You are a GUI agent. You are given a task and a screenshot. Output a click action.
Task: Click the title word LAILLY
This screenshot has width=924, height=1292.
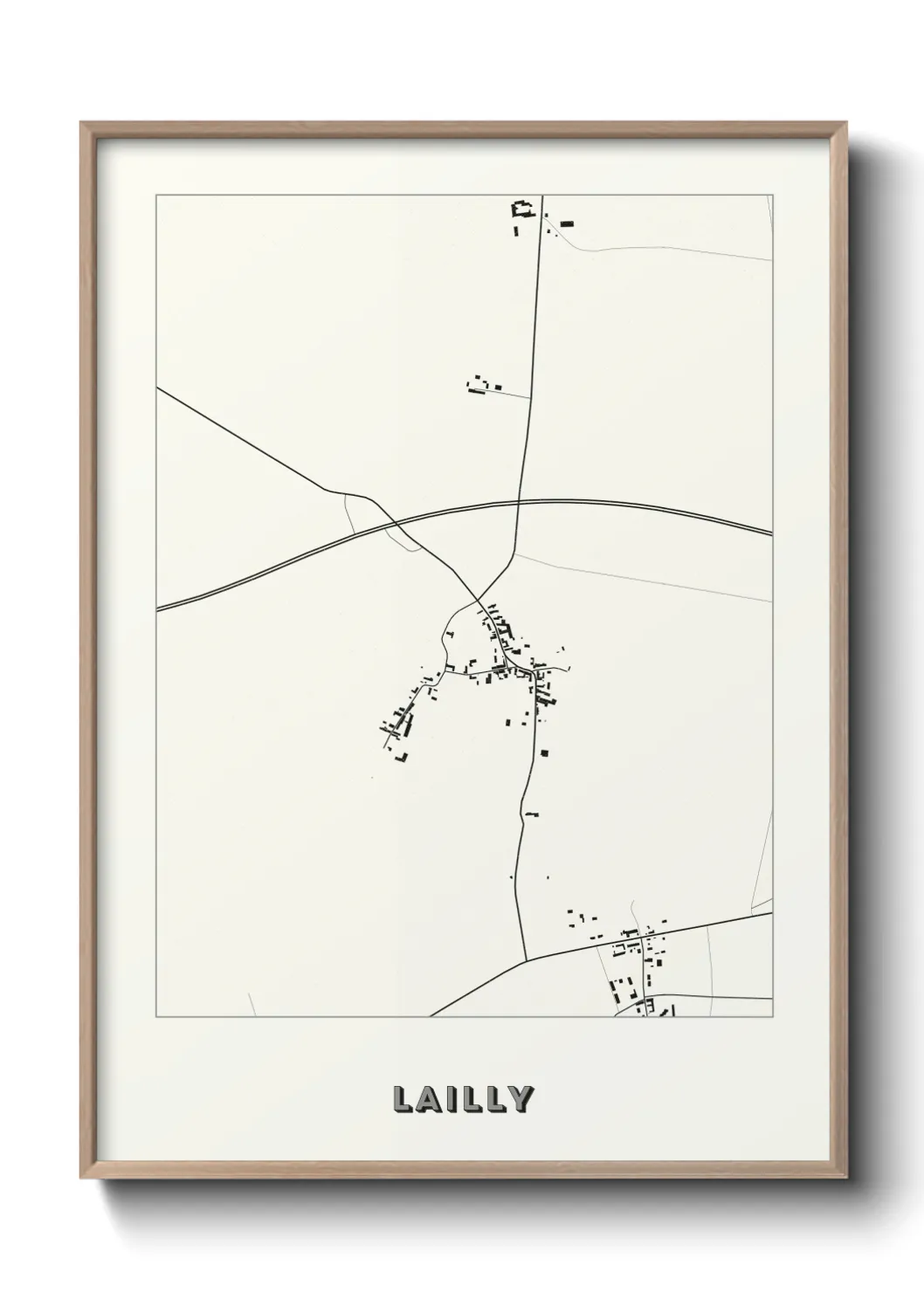(x=462, y=1099)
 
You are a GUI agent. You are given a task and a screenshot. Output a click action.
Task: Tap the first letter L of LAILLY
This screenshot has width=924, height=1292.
(x=403, y=1099)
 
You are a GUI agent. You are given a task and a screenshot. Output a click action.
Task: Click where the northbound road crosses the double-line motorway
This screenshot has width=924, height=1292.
(x=520, y=501)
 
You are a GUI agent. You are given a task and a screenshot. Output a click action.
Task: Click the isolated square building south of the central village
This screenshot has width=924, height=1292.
(x=544, y=753)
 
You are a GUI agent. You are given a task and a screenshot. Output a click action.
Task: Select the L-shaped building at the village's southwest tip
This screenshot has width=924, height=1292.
(x=403, y=757)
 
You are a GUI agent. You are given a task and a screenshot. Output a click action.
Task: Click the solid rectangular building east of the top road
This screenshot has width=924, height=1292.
(x=568, y=224)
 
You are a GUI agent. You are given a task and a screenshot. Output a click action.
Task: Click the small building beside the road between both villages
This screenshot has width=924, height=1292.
(x=531, y=814)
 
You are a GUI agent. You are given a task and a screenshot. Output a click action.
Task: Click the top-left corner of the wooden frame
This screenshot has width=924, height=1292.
(x=81, y=123)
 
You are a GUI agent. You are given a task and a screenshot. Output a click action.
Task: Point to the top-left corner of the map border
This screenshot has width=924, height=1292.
(x=156, y=195)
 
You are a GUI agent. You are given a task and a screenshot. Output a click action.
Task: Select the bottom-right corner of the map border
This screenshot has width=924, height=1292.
(x=773, y=1017)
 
